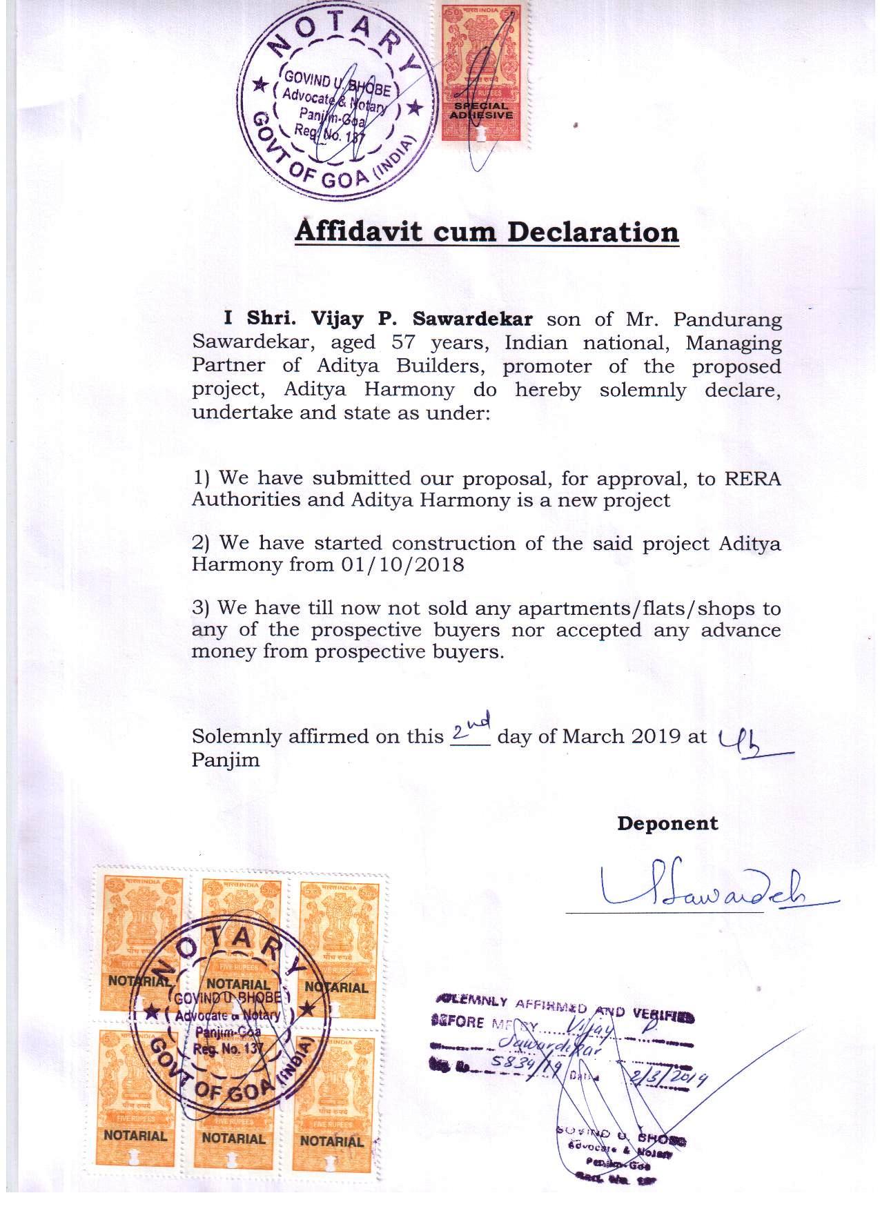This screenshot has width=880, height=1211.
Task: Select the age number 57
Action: pyautogui.click(x=404, y=342)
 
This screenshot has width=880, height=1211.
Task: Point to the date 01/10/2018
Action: pyautogui.click(x=402, y=564)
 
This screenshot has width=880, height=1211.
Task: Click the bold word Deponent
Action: pyautogui.click(x=667, y=823)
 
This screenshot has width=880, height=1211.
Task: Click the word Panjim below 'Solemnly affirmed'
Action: pyautogui.click(x=226, y=760)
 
